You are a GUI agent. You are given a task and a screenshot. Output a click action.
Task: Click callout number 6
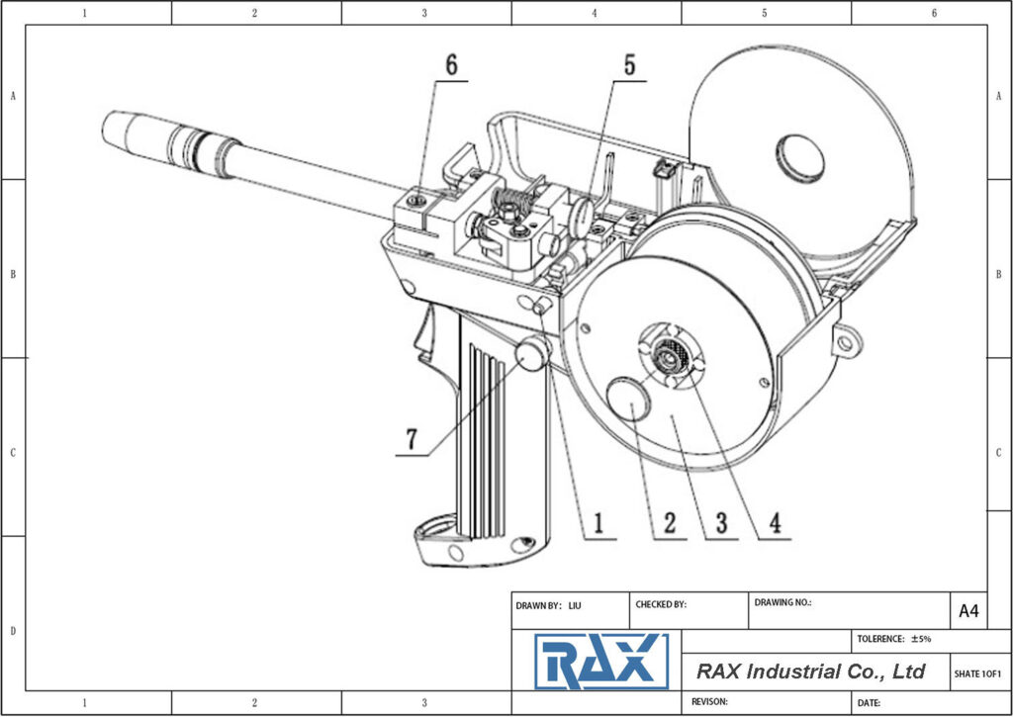pyautogui.click(x=451, y=65)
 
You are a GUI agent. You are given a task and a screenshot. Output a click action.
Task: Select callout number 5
pyautogui.click(x=629, y=65)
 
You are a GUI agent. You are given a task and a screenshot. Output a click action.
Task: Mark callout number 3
pyautogui.click(x=722, y=522)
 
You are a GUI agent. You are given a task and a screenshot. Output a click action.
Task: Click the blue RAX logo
pyautogui.click(x=600, y=662)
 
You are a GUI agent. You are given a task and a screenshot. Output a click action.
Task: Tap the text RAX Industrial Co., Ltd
pyautogui.click(x=810, y=672)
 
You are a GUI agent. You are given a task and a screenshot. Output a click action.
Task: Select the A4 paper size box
pyautogui.click(x=968, y=611)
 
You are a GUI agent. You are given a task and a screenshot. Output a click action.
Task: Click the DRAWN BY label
pyautogui.click(x=539, y=605)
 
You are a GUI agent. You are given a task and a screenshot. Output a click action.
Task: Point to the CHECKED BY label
pyautogui.click(x=661, y=605)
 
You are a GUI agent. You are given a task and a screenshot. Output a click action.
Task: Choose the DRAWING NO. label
pyautogui.click(x=783, y=602)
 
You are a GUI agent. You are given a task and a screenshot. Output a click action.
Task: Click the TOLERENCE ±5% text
pyautogui.click(x=894, y=640)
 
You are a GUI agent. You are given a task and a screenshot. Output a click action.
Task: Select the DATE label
pyautogui.click(x=870, y=702)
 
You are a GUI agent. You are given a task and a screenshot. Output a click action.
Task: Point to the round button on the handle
pyautogui.click(x=531, y=354)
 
